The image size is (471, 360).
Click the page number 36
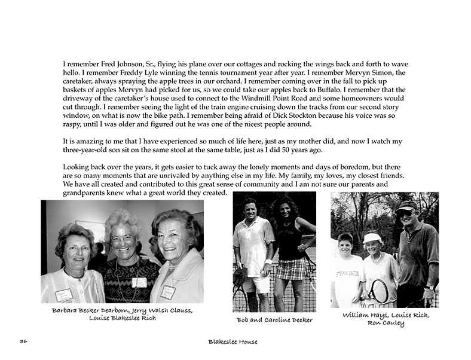[23, 341]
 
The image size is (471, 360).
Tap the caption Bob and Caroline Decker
[274, 319]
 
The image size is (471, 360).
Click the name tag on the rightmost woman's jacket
[169, 292]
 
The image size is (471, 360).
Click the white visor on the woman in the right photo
[371, 238]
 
